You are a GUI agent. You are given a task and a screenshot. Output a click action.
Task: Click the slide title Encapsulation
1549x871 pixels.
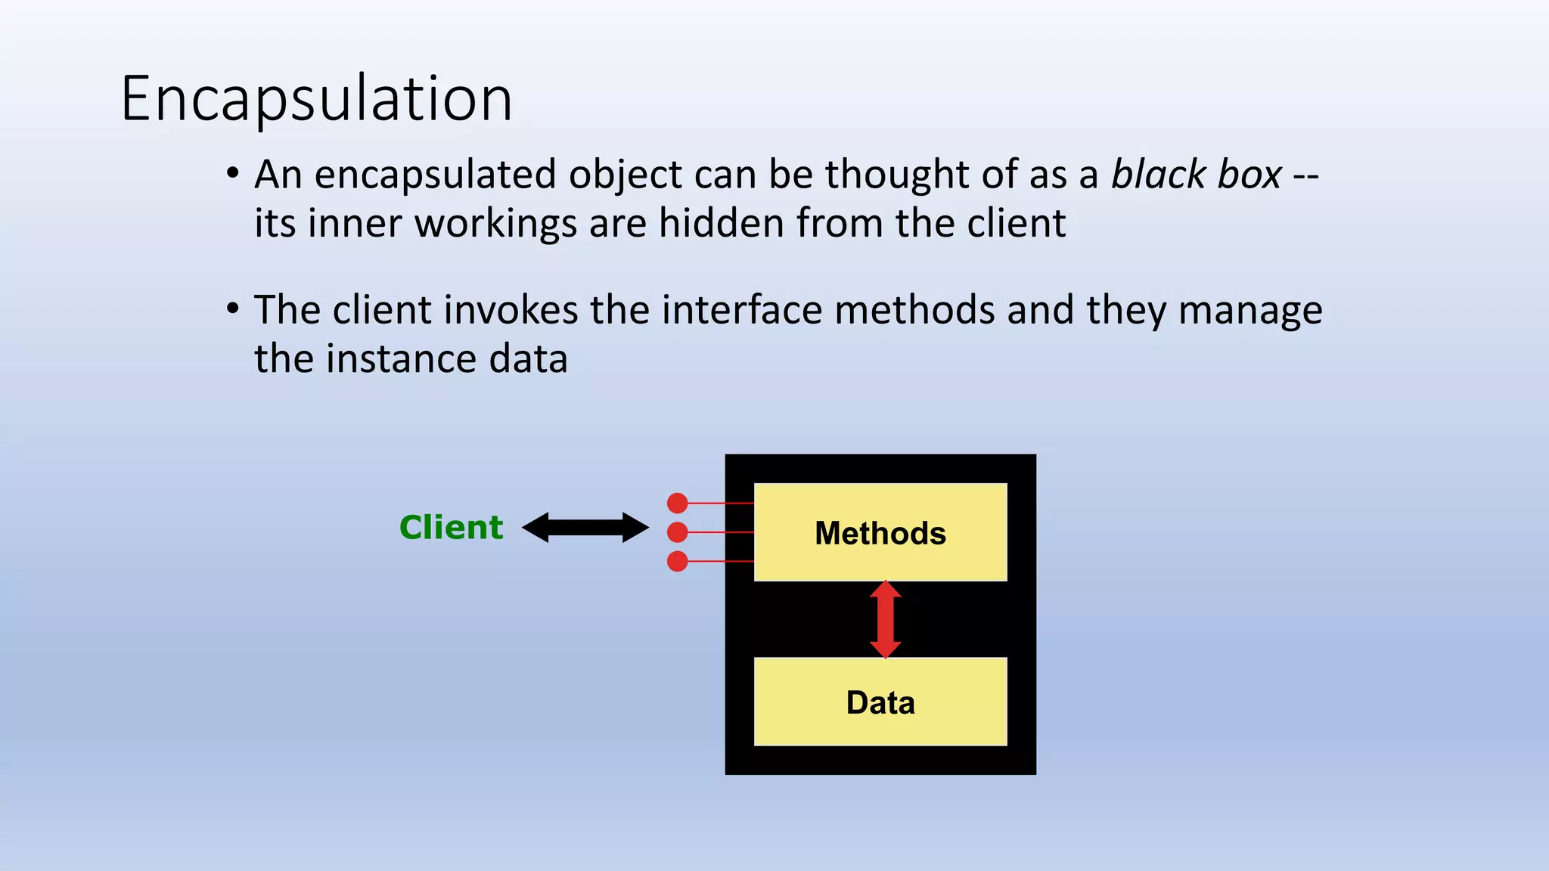pos(316,98)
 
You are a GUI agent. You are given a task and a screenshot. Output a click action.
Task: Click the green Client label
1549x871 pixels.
pos(451,527)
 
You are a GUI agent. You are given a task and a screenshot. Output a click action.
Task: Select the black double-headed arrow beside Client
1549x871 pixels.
pos(585,527)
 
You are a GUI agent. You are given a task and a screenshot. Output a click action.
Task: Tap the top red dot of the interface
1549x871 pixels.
pos(678,503)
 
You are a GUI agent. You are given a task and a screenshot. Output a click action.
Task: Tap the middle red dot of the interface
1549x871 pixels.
pos(678,532)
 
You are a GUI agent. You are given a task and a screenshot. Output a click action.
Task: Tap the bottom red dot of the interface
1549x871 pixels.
pos(678,561)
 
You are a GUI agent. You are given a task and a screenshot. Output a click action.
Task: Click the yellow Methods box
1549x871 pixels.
pos(880,532)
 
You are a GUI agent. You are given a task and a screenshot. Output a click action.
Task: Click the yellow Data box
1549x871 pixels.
pos(880,702)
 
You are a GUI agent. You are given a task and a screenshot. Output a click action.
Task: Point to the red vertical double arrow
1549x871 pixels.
pos(885,619)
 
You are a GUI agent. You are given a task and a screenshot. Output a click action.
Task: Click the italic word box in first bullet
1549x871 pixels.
pos(1249,175)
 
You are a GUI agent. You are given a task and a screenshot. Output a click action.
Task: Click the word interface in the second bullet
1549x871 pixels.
pos(741,310)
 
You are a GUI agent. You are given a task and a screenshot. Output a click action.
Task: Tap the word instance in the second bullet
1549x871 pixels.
pos(402,358)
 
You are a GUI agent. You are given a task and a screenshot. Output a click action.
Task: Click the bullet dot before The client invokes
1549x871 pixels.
pos(233,310)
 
